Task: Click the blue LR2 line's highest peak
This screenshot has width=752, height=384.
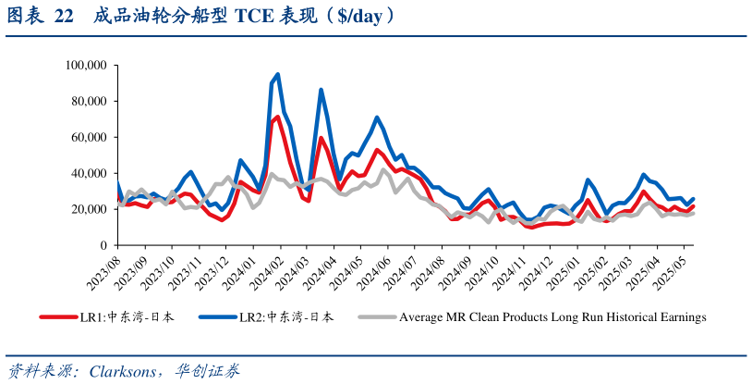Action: pyautogui.click(x=278, y=74)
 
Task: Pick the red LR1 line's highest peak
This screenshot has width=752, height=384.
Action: pyautogui.click(x=278, y=117)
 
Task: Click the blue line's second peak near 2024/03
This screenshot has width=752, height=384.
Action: pyautogui.click(x=321, y=90)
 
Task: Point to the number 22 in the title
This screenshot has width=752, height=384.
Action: pyautogui.click(x=63, y=17)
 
